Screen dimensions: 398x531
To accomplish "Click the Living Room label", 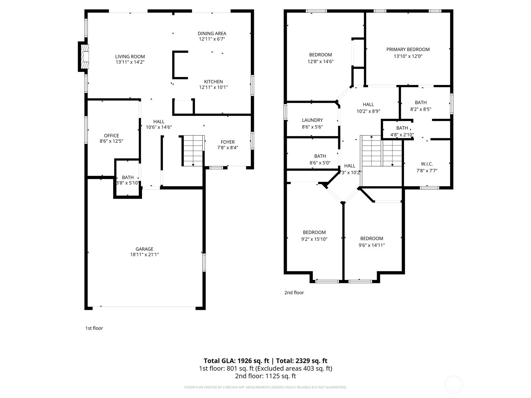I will click(130, 57).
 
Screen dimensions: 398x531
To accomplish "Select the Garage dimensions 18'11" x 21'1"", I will click(144, 255).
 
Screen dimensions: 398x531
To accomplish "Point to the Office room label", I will click(112, 136).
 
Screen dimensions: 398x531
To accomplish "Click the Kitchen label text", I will click(213, 82).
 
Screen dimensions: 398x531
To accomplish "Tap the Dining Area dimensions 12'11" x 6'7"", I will click(212, 39).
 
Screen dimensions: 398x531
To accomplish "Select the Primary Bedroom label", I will click(408, 49).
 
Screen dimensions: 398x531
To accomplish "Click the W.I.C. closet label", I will click(427, 164).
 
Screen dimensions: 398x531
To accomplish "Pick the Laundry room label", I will click(312, 120).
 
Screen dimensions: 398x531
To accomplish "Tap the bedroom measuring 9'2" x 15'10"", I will click(314, 235).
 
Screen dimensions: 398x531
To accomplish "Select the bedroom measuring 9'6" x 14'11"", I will click(372, 242).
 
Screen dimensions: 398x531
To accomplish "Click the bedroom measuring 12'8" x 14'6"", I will click(320, 58).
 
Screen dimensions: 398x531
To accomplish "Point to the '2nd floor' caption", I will click(294, 293).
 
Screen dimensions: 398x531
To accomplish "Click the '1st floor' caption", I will click(94, 328).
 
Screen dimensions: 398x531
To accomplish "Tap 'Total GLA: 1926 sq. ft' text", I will click(236, 361).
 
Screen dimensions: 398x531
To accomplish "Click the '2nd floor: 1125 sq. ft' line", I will click(265, 376).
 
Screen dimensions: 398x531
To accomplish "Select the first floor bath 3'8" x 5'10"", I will click(128, 180).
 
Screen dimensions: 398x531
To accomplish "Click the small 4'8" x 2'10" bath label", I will click(402, 131).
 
